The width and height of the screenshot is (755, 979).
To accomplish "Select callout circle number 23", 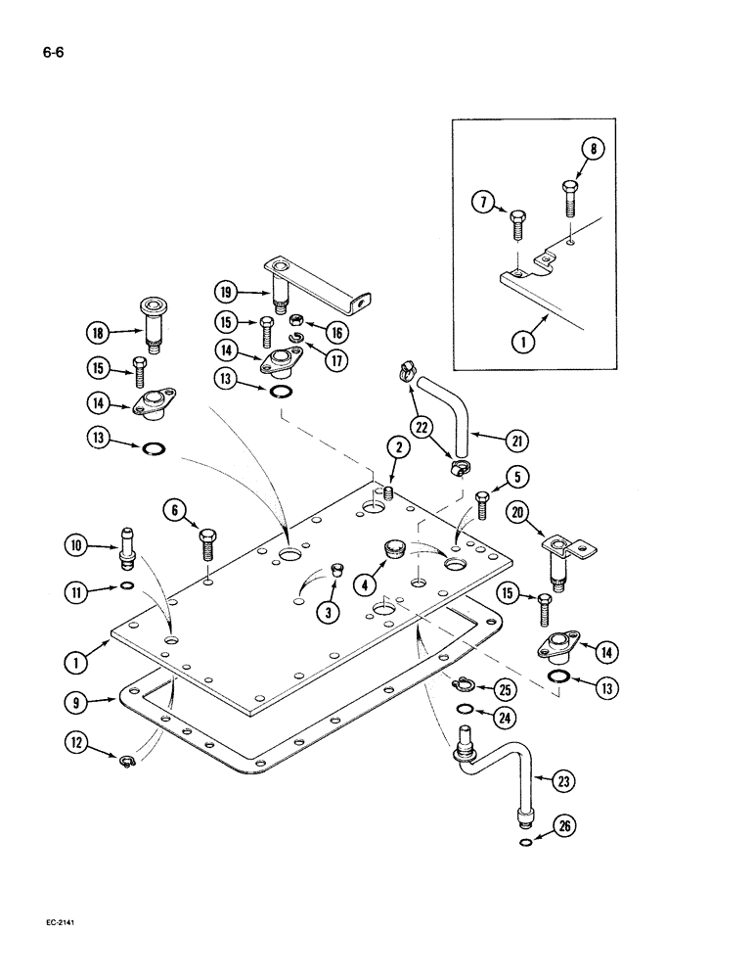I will [565, 781].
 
